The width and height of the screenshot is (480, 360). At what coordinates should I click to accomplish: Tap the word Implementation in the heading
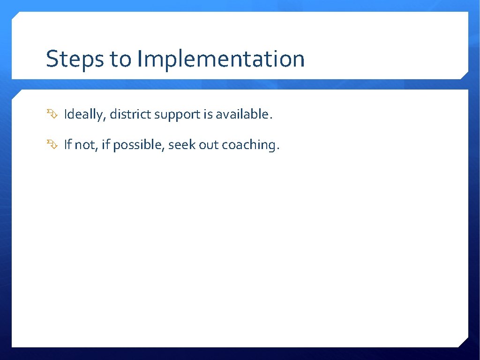(221, 60)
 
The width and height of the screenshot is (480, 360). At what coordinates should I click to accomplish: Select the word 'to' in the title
(120, 60)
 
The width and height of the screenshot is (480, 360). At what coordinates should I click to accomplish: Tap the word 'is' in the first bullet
(208, 114)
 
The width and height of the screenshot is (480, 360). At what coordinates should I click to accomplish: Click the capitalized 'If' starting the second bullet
(67, 145)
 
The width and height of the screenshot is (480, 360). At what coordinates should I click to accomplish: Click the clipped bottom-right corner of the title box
(465, 75)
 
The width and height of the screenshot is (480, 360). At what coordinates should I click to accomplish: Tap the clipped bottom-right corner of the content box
(464, 343)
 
